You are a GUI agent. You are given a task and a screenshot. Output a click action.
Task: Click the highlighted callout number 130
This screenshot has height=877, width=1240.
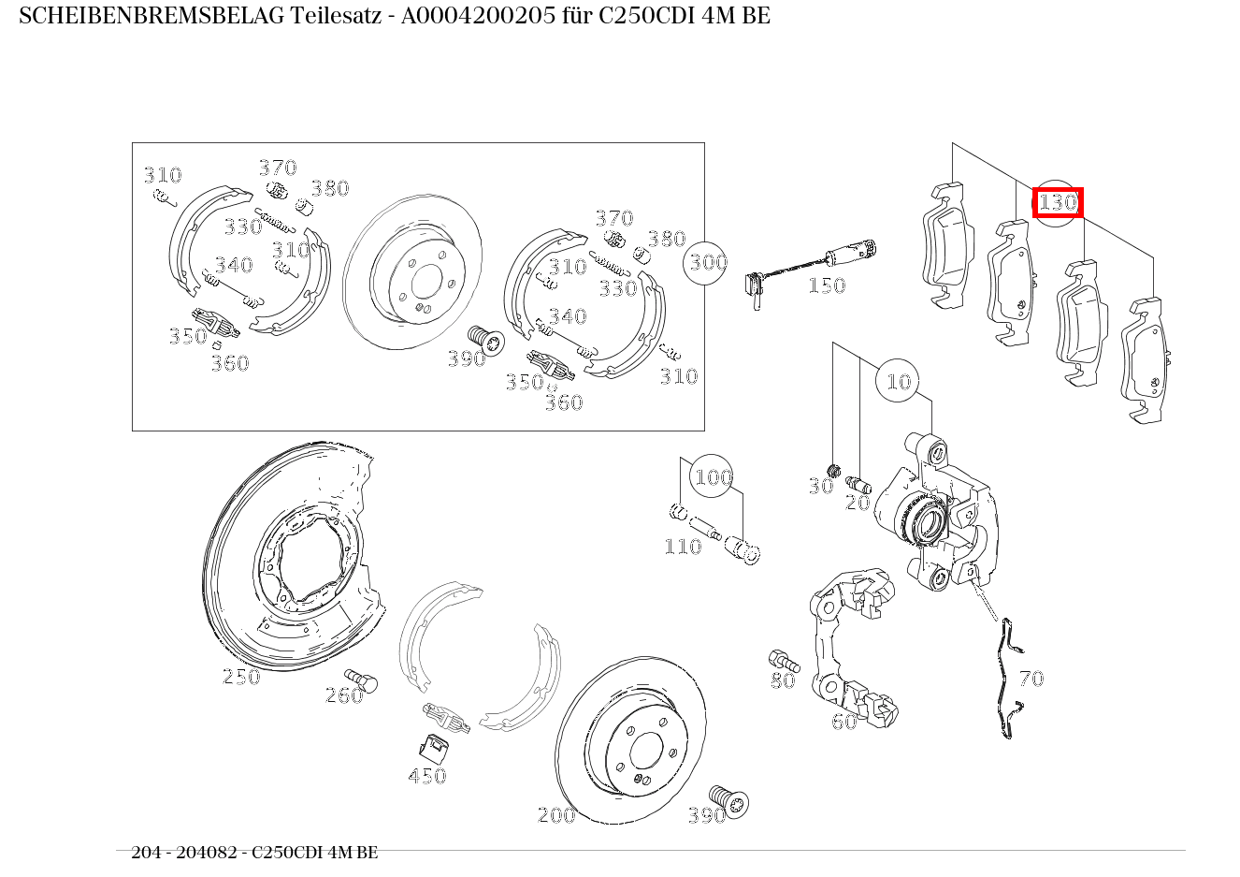[x=1058, y=202]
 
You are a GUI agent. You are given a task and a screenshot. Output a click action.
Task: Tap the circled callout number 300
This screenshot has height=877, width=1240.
[x=708, y=262]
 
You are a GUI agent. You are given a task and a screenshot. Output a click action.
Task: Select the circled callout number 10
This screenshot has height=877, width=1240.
[x=898, y=381]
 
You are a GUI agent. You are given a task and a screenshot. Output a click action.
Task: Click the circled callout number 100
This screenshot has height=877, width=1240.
[x=713, y=477]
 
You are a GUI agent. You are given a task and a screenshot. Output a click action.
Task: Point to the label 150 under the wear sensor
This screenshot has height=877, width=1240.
[x=827, y=285]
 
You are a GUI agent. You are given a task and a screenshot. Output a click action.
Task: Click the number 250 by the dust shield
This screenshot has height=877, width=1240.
[x=241, y=677]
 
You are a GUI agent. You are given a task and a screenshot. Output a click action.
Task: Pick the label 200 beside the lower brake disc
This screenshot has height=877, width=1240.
[x=556, y=815]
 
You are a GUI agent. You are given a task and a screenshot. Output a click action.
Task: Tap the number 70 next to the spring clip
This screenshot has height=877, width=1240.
[x=1031, y=679]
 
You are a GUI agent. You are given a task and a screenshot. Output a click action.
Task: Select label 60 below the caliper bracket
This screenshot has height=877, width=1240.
[x=843, y=722]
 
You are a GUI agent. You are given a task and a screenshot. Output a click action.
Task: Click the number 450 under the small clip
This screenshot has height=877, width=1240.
[x=426, y=776]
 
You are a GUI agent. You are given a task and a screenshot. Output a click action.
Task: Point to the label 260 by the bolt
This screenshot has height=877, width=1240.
[x=343, y=695]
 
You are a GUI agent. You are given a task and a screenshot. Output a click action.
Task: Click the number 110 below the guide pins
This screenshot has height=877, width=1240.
[x=683, y=547]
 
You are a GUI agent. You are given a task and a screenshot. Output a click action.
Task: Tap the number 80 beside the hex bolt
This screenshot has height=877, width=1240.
[x=783, y=680]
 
